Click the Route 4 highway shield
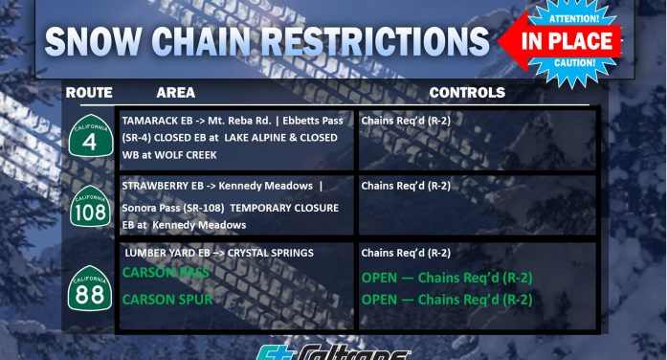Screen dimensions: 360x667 [89, 139]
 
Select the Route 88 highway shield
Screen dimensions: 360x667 [89, 287]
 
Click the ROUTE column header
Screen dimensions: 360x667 [89, 93]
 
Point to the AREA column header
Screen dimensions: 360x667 [175, 93]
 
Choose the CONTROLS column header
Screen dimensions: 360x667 [466, 93]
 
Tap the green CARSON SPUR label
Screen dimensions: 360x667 [167, 299]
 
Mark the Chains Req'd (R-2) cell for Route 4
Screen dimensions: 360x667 [406, 122]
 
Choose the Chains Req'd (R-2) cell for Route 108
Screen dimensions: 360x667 [406, 186]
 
